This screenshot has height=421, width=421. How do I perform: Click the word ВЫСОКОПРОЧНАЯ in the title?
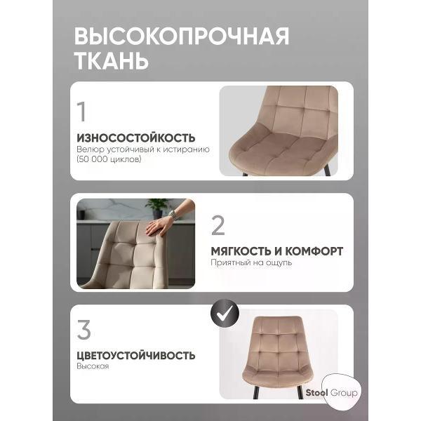(181, 36)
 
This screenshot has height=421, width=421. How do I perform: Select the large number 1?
(82, 112)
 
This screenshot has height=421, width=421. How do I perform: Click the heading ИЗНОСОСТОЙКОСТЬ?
(136, 138)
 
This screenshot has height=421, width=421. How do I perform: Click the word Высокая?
(93, 367)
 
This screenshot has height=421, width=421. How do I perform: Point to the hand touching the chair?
(159, 225)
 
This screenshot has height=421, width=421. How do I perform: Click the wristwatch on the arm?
(174, 215)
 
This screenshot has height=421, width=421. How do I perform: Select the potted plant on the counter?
(158, 207)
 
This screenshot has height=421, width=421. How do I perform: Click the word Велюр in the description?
(88, 149)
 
